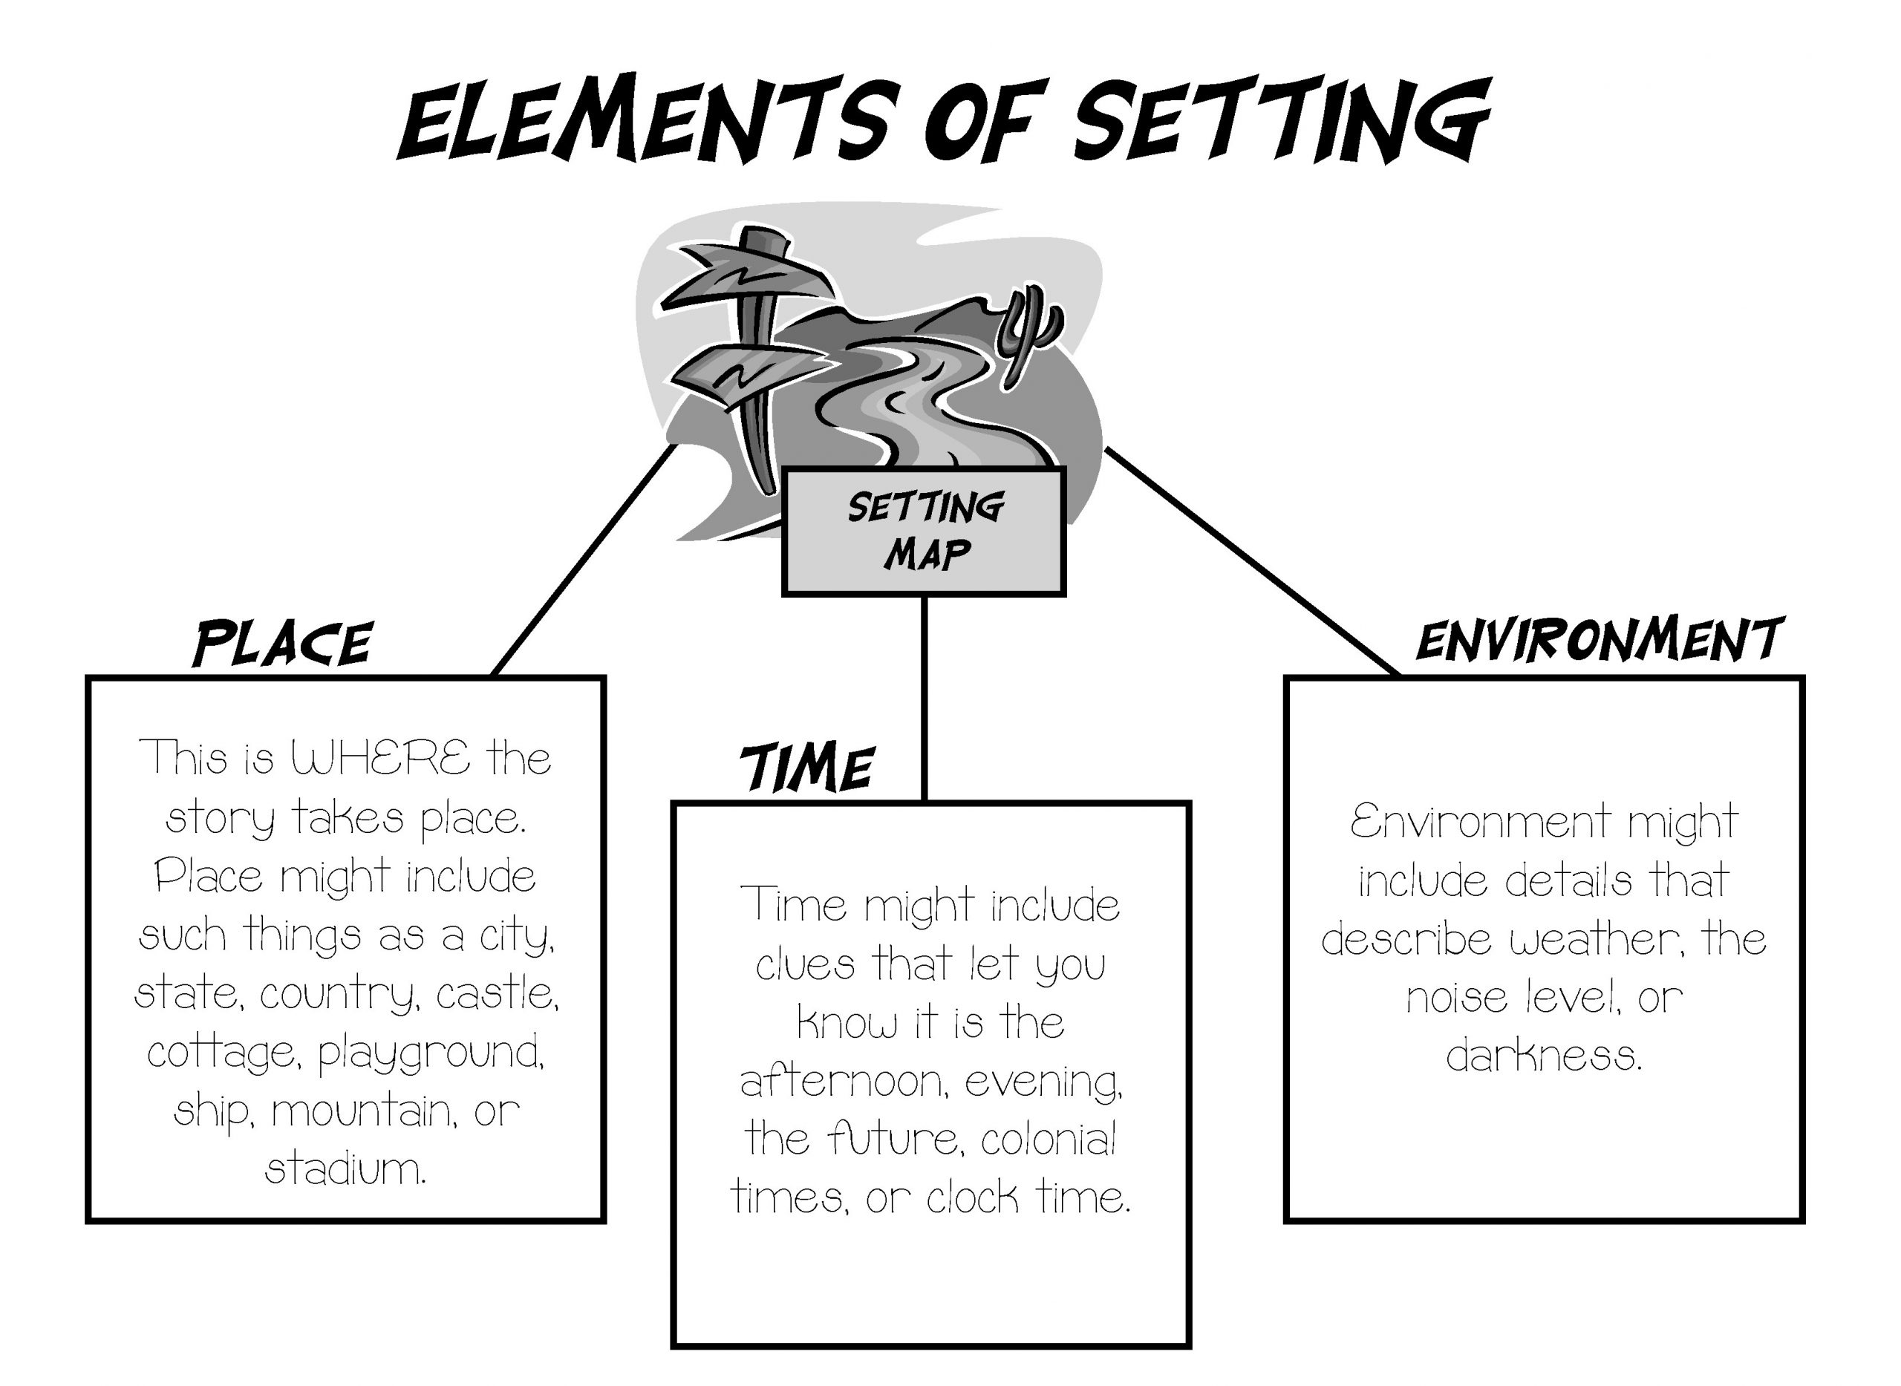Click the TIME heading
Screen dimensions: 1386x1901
click(806, 768)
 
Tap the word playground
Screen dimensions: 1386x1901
click(431, 1053)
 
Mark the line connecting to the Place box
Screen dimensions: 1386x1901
click(584, 560)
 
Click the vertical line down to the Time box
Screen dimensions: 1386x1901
click(923, 696)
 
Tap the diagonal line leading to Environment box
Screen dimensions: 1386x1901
click(1251, 560)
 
